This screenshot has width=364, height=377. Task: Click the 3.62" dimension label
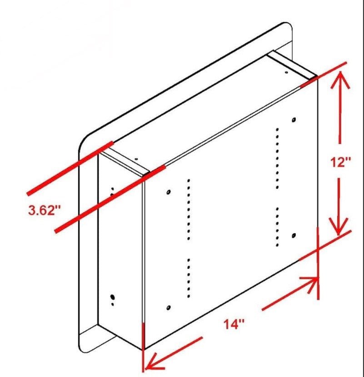click(x=44, y=210)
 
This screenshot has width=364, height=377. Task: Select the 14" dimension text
click(x=234, y=324)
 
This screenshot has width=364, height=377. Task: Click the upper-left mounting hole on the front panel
click(x=169, y=192)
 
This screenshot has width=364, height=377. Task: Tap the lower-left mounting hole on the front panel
click(x=169, y=308)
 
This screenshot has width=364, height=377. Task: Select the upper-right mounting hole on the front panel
click(x=294, y=119)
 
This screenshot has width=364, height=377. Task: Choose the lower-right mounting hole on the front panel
click(x=294, y=235)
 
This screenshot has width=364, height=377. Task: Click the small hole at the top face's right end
click(x=286, y=72)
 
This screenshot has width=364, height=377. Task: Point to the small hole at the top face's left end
click(x=136, y=159)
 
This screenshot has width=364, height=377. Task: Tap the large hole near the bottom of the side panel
click(x=112, y=297)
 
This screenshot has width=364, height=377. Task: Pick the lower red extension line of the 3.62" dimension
click(x=110, y=199)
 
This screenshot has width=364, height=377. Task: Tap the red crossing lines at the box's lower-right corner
click(x=318, y=249)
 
